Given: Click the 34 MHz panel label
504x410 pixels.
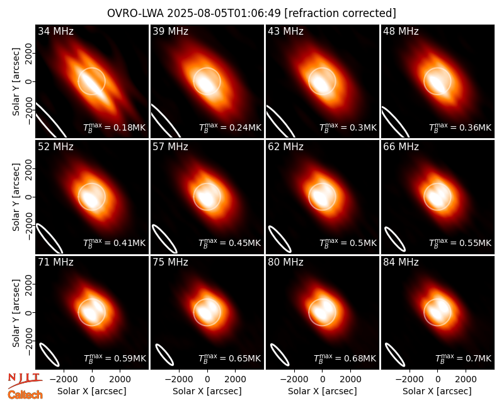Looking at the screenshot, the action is pos(55,31).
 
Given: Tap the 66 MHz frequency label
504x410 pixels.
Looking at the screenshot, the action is pos(401,147).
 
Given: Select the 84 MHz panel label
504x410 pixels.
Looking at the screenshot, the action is pos(401,262).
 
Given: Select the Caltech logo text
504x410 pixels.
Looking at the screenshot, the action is pos(25,395).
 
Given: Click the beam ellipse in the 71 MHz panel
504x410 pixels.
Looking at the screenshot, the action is pos(49,354).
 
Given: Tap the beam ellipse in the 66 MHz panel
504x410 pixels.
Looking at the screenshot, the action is pos(395,239).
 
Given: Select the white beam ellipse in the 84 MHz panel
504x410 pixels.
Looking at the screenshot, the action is pos(395,354).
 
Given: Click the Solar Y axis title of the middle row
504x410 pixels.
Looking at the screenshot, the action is pos(16,197).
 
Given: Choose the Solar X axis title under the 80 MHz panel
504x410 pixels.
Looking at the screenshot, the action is pos(322,391).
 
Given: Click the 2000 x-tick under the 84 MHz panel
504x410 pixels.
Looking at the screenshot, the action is pos(466,379).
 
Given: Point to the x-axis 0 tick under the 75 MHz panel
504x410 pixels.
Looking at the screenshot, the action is pos(207,379).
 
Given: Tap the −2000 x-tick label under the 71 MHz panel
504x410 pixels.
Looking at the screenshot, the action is pos(64,379).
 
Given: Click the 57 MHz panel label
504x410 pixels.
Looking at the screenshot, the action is pos(170,147).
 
